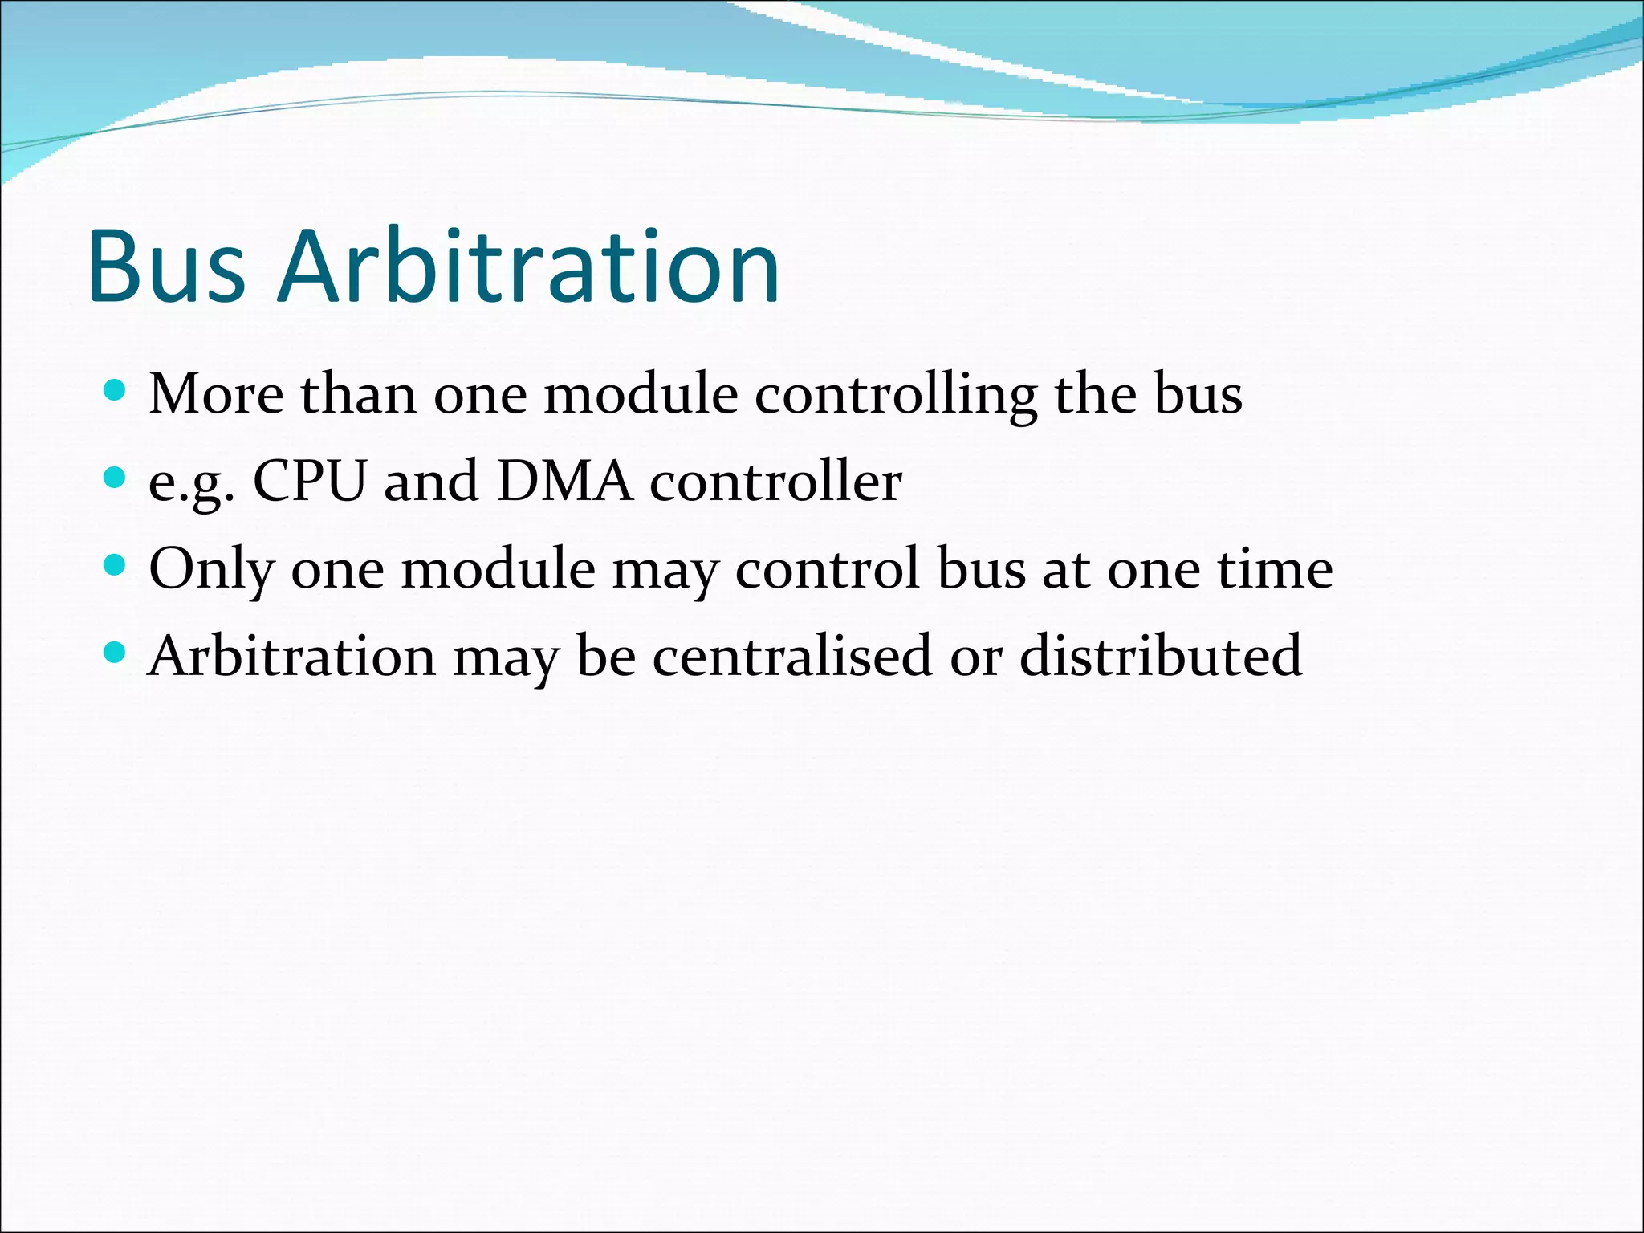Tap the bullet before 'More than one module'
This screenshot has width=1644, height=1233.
click(x=116, y=391)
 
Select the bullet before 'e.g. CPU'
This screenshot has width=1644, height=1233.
click(x=116, y=478)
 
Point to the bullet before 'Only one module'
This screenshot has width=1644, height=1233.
click(x=116, y=566)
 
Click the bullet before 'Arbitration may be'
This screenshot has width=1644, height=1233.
click(x=116, y=653)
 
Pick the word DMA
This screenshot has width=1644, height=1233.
click(x=564, y=482)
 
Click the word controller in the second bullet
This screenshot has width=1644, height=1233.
click(x=775, y=482)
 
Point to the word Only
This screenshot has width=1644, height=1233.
click(x=211, y=569)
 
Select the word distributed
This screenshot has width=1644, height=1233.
click(x=1161, y=656)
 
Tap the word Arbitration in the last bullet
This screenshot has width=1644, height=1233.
click(x=292, y=656)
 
